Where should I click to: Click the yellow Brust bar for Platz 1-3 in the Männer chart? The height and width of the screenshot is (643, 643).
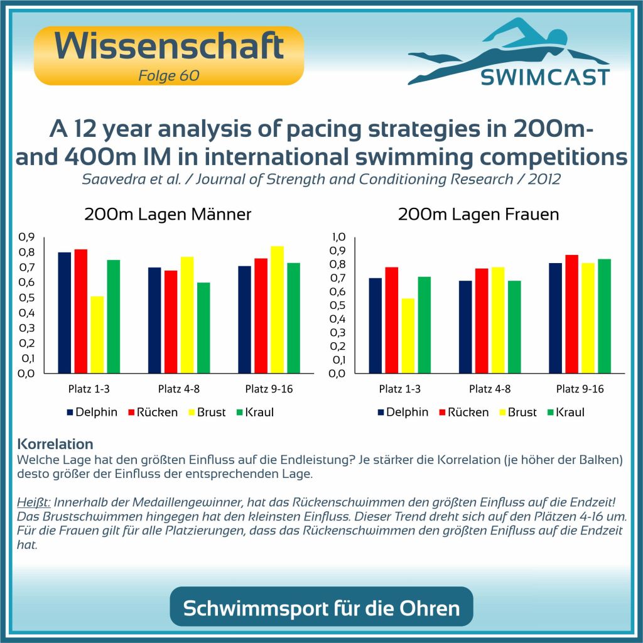(97, 334)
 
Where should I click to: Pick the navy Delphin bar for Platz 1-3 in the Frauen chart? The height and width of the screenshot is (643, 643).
(376, 325)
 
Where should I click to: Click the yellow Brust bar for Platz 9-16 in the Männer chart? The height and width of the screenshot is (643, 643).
(276, 310)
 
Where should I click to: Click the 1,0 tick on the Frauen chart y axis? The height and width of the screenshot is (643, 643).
(339, 237)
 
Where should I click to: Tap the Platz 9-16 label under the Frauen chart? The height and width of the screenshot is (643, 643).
(580, 389)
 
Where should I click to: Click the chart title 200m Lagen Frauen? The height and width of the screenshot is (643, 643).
(478, 215)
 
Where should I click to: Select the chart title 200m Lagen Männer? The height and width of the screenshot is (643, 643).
(168, 215)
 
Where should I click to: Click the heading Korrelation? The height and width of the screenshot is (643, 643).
(56, 445)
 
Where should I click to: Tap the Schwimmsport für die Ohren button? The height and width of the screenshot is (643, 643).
(321, 607)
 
